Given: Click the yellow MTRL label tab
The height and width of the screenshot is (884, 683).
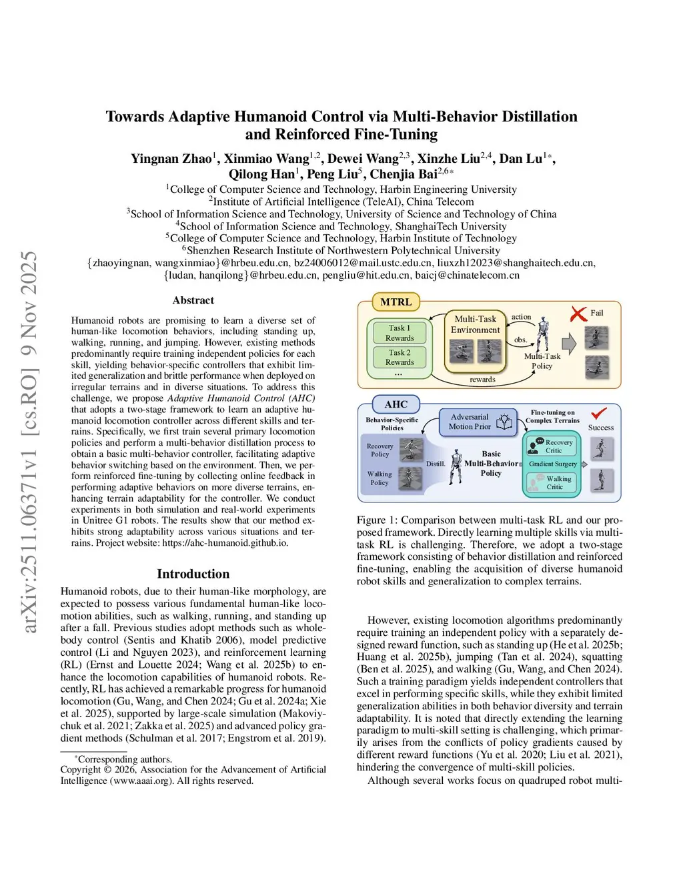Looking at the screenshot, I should (396, 302).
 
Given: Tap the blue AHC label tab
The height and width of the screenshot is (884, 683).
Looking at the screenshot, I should (396, 404).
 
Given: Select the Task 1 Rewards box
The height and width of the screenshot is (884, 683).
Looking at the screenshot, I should (400, 333).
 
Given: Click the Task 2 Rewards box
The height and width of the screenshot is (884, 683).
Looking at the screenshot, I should (400, 358).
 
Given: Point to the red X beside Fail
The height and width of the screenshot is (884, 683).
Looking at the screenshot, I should (578, 314).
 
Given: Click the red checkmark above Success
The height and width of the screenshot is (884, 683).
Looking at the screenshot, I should (599, 414).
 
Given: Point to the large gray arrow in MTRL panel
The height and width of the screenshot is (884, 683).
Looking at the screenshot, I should (568, 344).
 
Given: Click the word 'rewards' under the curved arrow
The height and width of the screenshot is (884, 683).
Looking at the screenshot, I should (482, 380).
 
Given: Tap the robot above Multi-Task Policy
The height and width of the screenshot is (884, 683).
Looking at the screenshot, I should (543, 334).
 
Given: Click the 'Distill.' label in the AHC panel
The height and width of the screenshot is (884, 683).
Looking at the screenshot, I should (436, 464).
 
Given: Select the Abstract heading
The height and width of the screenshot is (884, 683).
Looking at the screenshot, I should (193, 300).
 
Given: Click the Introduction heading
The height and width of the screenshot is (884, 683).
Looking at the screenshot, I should (193, 574).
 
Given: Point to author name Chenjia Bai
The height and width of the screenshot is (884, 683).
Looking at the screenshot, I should (404, 174).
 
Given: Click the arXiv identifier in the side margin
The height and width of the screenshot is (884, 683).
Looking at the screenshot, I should (29, 440).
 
